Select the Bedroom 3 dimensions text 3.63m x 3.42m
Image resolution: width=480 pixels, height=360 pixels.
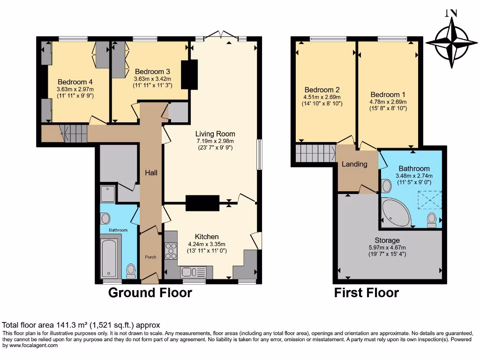pyautogui.click(x=152, y=79)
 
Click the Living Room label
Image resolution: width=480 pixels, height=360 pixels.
pyautogui.click(x=215, y=134)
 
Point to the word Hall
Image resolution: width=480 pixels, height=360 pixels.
pyautogui.click(x=151, y=173)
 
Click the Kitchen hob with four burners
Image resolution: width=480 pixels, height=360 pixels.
pyautogui.click(x=171, y=251)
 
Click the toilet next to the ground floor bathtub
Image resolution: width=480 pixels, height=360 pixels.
pyautogui.click(x=131, y=270)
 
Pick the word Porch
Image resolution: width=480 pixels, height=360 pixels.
pyautogui.click(x=150, y=257)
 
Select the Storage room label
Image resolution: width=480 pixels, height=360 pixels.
pyautogui.click(x=387, y=240)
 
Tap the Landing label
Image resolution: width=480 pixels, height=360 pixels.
pyautogui.click(x=354, y=164)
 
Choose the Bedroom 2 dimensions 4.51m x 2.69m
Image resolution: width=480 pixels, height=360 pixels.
pyautogui.click(x=322, y=97)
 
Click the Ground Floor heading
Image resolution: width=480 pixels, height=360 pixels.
pyautogui.click(x=150, y=293)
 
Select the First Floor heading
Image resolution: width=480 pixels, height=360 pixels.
pyautogui.click(x=366, y=293)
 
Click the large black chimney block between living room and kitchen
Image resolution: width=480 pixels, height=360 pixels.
pyautogui.click(x=202, y=203)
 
